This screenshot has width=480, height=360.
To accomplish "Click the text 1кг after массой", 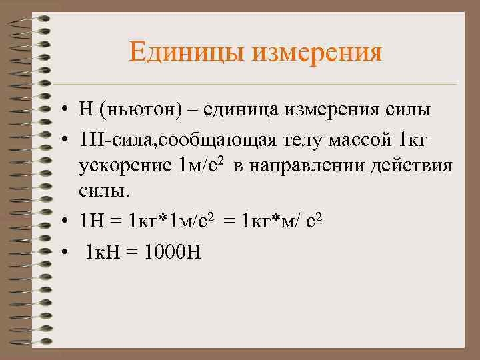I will [x=412, y=141].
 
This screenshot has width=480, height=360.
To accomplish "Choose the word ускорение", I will [x=126, y=165].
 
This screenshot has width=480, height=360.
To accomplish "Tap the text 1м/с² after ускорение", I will [x=201, y=165].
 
